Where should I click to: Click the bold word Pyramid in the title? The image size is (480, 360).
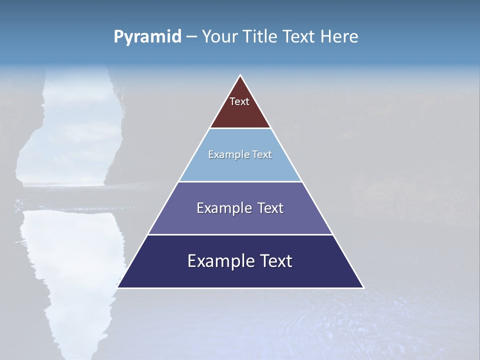click(x=147, y=37)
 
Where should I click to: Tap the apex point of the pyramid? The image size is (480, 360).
click(x=240, y=75)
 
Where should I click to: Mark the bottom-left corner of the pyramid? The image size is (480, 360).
click(x=118, y=287)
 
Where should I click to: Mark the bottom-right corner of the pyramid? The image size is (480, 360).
click(x=363, y=287)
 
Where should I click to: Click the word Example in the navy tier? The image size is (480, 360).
click(x=218, y=261)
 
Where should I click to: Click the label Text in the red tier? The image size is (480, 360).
click(x=239, y=101)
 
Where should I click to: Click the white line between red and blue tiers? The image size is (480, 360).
click(x=240, y=128)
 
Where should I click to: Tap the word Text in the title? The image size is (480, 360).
click(x=299, y=37)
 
